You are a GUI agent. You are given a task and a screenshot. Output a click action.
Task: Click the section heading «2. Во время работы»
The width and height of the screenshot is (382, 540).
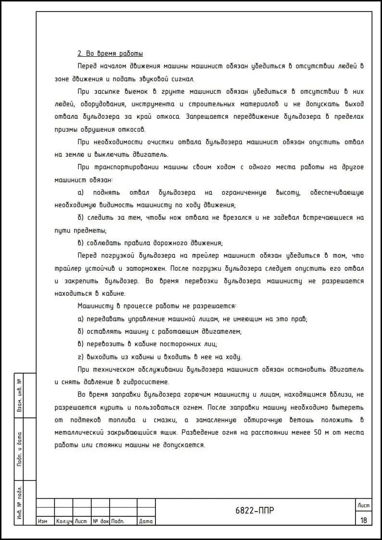pyautogui.click(x=110, y=53)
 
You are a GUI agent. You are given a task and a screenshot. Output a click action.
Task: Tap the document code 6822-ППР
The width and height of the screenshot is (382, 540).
pyautogui.click(x=255, y=511)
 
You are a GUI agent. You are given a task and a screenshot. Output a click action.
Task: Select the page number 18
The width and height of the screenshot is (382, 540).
pyautogui.click(x=363, y=520)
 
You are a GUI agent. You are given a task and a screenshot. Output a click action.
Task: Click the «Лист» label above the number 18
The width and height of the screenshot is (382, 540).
pyautogui.click(x=363, y=505)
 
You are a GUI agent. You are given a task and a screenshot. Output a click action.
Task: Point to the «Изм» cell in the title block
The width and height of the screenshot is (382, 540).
pyautogui.click(x=42, y=521)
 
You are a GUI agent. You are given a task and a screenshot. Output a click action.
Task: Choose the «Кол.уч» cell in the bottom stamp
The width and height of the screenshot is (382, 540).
pyautogui.click(x=64, y=521)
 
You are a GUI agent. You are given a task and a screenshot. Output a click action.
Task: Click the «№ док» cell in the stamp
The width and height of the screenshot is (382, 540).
pyautogui.click(x=101, y=521)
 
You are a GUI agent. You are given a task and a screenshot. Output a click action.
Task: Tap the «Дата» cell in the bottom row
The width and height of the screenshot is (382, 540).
pyautogui.click(x=145, y=521)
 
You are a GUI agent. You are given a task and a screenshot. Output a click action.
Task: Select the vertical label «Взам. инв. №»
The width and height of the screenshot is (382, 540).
pyautogui.click(x=19, y=395)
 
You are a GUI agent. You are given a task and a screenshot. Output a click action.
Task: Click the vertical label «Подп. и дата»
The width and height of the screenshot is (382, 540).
pyautogui.click(x=19, y=450)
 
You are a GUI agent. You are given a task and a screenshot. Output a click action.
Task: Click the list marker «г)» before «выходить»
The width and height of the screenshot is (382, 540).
pyautogui.click(x=80, y=357)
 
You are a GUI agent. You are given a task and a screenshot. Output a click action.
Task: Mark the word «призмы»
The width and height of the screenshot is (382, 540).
pyautogui.click(x=66, y=129)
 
